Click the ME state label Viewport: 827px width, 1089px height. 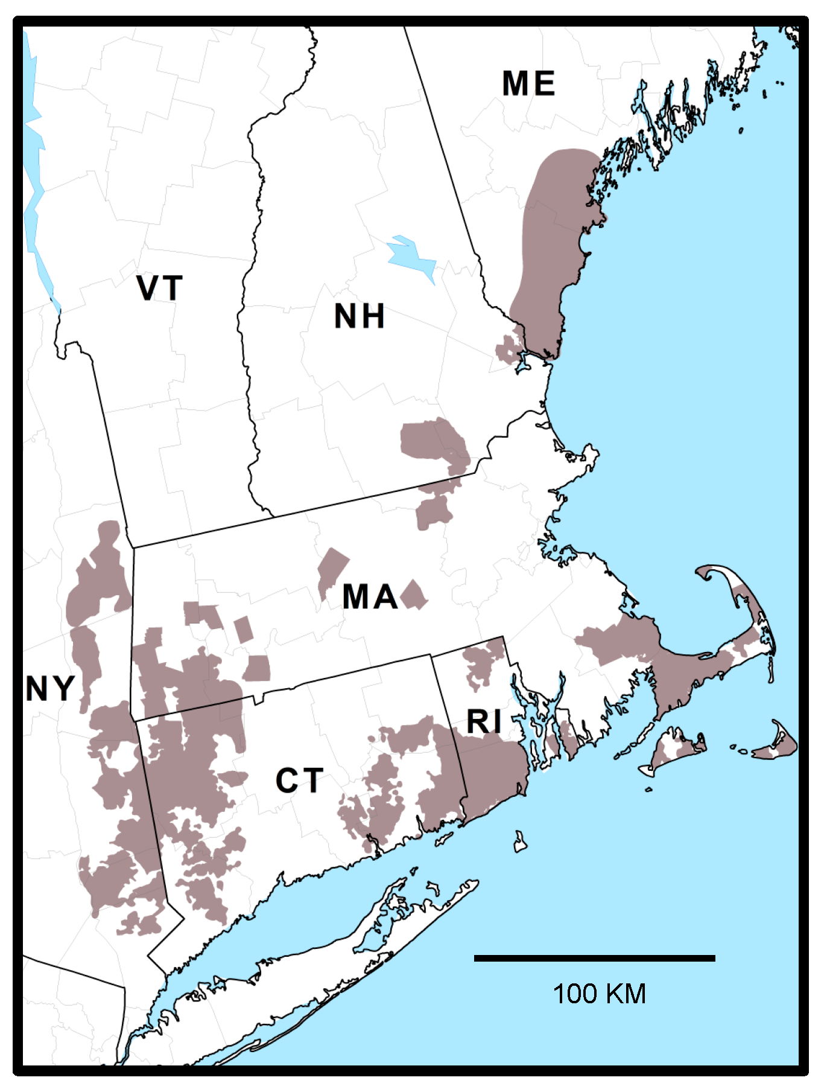pos(528,83)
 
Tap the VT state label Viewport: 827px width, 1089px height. pos(159,288)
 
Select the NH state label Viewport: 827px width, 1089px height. pos(360,316)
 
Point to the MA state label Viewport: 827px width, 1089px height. pos(370,597)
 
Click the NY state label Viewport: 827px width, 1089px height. pos(50,688)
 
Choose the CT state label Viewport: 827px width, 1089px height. pos(299,781)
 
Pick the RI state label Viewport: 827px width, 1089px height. pos(484,721)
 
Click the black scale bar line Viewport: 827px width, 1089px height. pos(594,958)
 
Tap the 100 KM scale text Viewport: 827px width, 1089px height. pos(599,994)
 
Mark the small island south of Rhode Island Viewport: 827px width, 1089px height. pos(520,842)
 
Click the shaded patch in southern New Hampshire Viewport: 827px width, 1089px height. pos(434,441)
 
